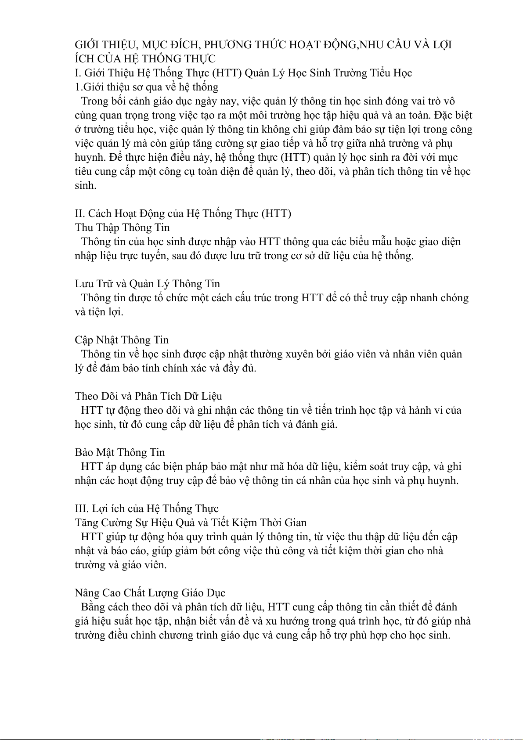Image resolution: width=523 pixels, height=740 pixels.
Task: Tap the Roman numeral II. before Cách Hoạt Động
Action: click(x=79, y=213)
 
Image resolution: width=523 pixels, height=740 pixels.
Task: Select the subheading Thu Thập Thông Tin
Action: click(x=122, y=227)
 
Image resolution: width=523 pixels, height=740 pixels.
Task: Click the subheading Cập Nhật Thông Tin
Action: click(x=122, y=340)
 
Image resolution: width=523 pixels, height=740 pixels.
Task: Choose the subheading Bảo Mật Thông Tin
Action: click(x=120, y=452)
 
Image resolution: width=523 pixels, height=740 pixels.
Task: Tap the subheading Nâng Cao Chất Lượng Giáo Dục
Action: click(x=150, y=593)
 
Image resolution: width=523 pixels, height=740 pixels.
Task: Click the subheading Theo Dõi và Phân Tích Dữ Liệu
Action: click(x=148, y=396)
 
